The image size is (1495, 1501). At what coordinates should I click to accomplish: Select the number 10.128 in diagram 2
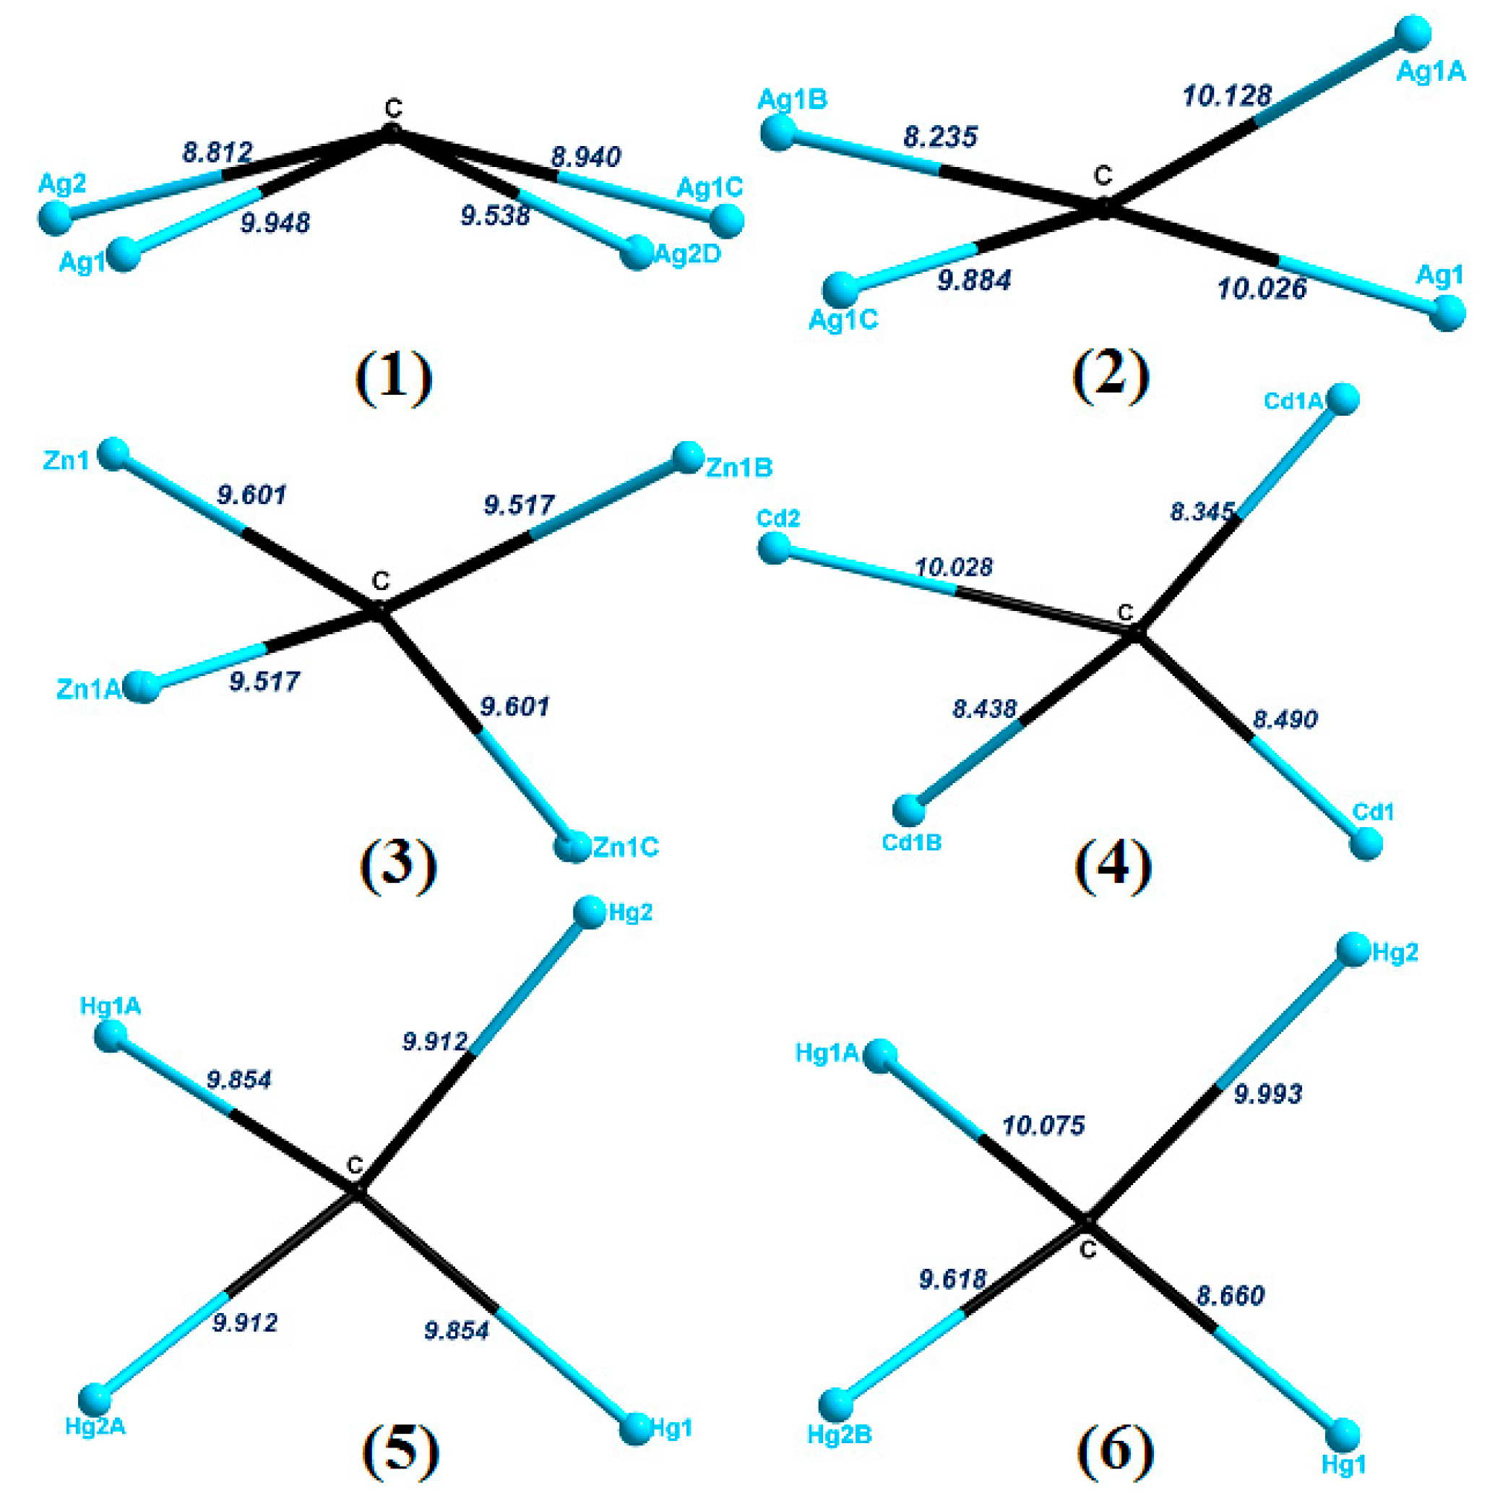(x=1226, y=95)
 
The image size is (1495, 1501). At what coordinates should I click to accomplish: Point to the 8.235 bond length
(x=940, y=137)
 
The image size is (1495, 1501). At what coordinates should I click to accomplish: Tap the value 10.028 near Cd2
(x=953, y=567)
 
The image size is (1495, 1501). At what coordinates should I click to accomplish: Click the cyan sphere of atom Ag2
(x=55, y=218)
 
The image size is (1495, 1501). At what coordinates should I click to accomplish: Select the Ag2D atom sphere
(x=637, y=252)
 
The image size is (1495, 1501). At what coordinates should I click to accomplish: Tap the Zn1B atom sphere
(x=688, y=457)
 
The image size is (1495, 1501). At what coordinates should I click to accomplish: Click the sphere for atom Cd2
(x=774, y=549)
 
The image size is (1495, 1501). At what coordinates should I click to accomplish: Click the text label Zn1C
(x=625, y=847)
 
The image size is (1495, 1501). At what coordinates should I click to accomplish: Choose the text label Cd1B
(x=912, y=843)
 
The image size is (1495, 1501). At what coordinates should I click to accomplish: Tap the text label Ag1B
(x=792, y=100)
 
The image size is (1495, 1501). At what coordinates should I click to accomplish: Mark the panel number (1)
(x=393, y=375)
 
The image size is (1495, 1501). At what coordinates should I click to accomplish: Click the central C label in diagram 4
(x=1125, y=613)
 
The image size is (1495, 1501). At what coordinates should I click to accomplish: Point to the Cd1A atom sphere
(x=1343, y=398)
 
